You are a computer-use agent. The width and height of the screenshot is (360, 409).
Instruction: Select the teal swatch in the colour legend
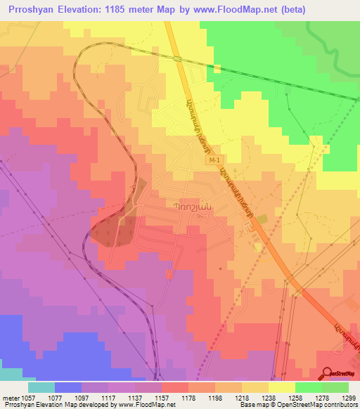pyautogui.click(x=41, y=387)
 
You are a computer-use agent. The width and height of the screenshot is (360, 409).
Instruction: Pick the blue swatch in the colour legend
pyautogui.click(x=68, y=387)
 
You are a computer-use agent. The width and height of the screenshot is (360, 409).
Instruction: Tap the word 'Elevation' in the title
pyautogui.click(x=82, y=11)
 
